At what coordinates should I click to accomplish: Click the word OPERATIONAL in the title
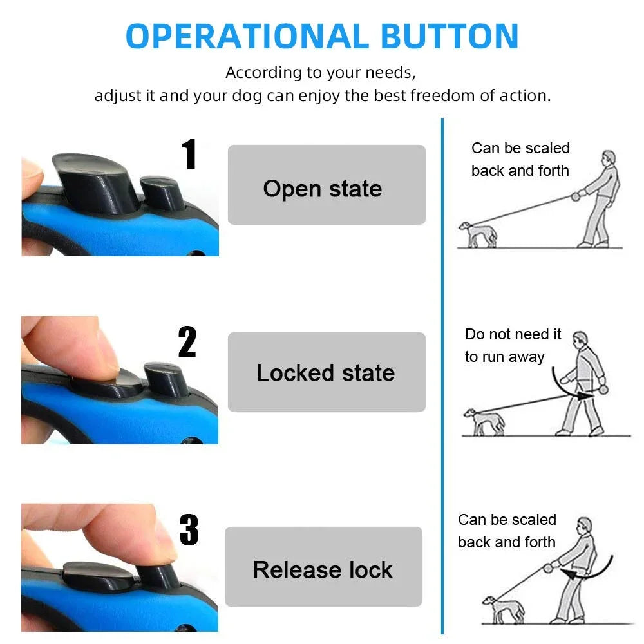[247, 36]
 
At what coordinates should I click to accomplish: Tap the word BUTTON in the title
[450, 36]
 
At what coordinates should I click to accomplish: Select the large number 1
[189, 154]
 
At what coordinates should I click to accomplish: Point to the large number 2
[187, 342]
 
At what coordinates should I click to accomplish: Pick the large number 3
[189, 530]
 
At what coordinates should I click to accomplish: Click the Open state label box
[327, 185]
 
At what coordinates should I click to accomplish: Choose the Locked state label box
[327, 372]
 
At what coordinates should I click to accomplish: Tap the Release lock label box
[324, 566]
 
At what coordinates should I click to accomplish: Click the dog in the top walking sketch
[478, 234]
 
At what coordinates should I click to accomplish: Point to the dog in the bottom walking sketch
[503, 610]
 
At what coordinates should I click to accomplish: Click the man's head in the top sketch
[609, 157]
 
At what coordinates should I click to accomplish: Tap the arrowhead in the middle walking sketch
[585, 396]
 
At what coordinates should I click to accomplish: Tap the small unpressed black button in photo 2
[166, 378]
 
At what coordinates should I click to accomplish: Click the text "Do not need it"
[513, 334]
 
